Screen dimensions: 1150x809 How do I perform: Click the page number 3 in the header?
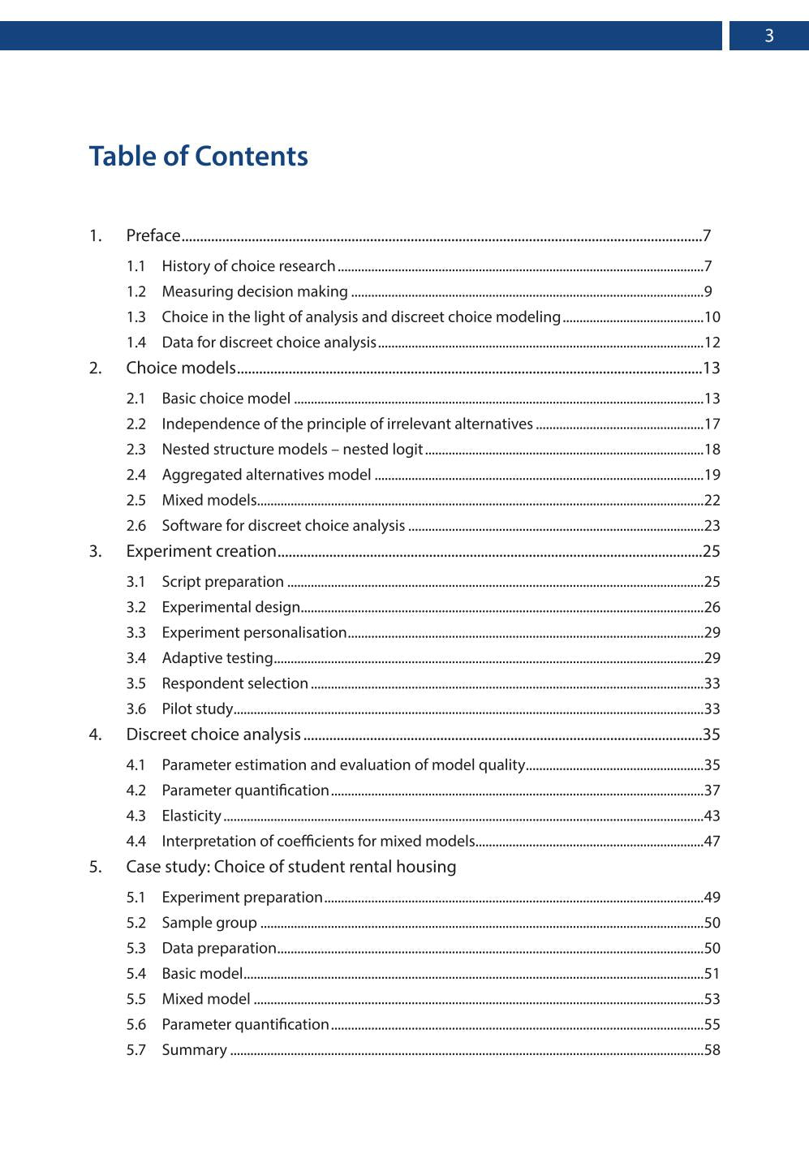point(768,36)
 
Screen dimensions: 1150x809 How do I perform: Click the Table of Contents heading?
point(198,156)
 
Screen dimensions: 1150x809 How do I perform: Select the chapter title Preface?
point(153,235)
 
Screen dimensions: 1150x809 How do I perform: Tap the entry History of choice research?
point(248,266)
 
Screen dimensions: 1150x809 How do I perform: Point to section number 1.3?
point(136,317)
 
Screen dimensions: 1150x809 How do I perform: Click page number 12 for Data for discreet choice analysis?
point(712,342)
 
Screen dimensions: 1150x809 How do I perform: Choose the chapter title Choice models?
point(181,368)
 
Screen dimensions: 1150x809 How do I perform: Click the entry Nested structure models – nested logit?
point(292,450)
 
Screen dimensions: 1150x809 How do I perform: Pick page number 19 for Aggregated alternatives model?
point(712,475)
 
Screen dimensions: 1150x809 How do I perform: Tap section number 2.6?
point(136,526)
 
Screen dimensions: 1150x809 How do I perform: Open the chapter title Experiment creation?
point(201,551)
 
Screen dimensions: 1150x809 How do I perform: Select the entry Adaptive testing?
point(217,658)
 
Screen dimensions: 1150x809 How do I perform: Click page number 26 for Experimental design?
point(712,607)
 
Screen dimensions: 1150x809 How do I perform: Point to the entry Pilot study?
point(197,709)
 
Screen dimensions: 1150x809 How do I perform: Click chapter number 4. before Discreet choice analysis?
point(96,734)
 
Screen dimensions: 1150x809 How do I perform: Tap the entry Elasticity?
point(191,816)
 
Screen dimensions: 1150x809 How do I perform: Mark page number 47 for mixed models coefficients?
point(712,842)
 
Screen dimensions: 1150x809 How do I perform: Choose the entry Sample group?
point(209,923)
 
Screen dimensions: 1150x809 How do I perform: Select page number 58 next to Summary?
point(712,1050)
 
